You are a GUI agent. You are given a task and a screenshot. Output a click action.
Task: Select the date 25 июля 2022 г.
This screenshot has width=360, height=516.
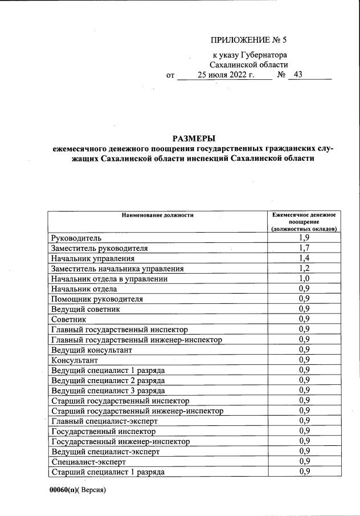[x=226, y=75]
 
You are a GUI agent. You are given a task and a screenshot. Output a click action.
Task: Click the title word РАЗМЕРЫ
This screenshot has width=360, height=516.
[x=194, y=139]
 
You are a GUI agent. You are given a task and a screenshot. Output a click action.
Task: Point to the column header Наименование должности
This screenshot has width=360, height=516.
[x=157, y=215]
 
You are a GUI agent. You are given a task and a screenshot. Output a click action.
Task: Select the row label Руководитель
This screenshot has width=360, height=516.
[x=76, y=238]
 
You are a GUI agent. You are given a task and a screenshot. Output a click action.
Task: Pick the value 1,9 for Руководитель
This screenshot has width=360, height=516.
[x=304, y=238]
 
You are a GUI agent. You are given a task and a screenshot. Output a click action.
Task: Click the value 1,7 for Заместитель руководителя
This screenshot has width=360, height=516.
[x=304, y=248]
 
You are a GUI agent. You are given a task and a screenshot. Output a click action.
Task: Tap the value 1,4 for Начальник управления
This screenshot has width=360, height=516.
[x=304, y=258]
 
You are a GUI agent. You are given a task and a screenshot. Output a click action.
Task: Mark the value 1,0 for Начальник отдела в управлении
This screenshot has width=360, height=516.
[x=304, y=279]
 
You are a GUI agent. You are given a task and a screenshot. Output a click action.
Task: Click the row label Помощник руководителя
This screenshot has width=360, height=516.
[x=97, y=299]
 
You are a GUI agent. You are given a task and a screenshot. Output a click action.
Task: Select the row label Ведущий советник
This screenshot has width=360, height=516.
[x=85, y=309]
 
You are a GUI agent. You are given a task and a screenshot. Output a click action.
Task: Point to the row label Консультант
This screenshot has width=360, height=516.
[x=75, y=360]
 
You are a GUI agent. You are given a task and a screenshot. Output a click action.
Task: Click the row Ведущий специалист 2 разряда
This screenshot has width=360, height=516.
[x=108, y=380]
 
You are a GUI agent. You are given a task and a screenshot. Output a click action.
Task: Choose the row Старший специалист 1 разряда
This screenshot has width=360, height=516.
[x=108, y=472]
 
